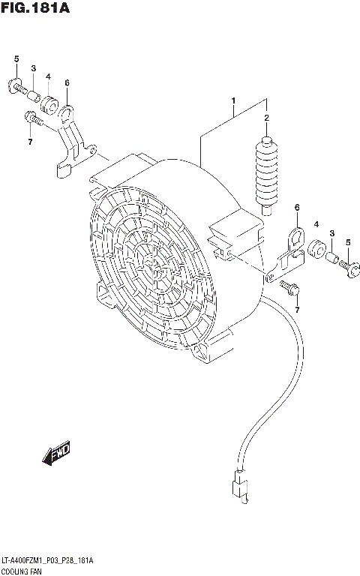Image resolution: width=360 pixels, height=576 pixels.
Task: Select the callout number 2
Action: coord(265,118)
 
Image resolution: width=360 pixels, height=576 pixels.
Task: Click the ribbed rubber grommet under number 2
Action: coord(266,169)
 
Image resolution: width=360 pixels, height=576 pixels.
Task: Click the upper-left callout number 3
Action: coord(33,69)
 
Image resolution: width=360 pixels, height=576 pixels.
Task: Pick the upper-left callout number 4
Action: coord(48,76)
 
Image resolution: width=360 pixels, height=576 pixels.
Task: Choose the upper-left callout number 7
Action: coord(30,142)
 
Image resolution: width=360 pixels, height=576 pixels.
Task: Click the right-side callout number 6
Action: coord(297,207)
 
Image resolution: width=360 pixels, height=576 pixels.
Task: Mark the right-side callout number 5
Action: coord(348,241)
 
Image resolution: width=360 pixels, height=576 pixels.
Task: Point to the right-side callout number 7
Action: coord(297,310)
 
